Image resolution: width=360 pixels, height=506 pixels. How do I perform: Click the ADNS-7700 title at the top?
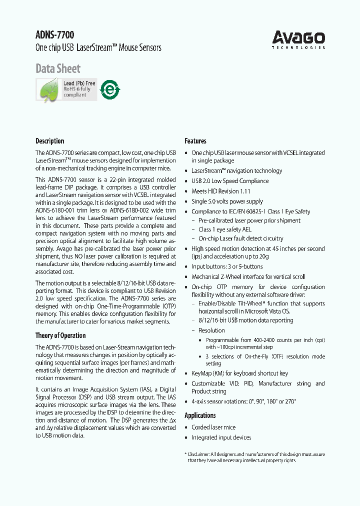(x=54, y=35)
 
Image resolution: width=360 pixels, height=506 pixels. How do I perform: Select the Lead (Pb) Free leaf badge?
(x=66, y=89)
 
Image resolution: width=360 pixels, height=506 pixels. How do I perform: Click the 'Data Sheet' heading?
(x=57, y=68)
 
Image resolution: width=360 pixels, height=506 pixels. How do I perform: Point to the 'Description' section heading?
(x=49, y=141)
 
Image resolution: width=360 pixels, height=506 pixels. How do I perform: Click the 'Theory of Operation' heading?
(x=60, y=335)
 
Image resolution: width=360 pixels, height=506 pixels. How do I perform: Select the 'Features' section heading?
(x=195, y=141)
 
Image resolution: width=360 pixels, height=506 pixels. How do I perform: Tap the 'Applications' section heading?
(x=200, y=415)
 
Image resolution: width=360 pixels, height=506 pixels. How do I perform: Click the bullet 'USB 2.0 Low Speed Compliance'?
(x=229, y=181)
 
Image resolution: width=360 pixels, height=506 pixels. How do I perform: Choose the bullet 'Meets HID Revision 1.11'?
(x=220, y=191)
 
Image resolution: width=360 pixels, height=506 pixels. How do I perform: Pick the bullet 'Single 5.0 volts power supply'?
(x=227, y=201)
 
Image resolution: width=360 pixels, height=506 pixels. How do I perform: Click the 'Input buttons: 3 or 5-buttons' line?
(x=226, y=266)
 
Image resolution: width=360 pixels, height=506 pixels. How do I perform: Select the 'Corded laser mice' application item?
(x=213, y=427)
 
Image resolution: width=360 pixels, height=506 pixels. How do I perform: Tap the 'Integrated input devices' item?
(x=221, y=437)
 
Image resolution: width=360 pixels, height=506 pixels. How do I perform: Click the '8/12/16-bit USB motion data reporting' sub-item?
(x=245, y=320)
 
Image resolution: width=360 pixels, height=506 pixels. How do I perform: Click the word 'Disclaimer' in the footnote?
(x=201, y=454)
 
